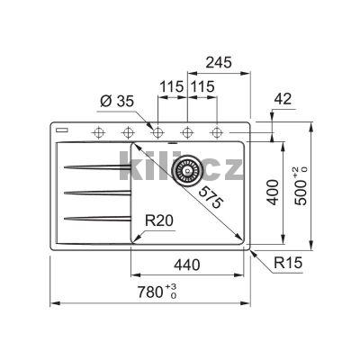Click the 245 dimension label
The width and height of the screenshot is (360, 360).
tap(219, 62)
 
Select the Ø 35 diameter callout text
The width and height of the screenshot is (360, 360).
tap(117, 102)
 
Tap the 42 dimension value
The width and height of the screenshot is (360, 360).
tap(283, 99)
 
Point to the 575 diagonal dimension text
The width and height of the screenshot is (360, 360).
tap(211, 197)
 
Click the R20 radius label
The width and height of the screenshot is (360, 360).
tap(159, 220)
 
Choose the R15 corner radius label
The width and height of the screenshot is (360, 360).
tap(288, 263)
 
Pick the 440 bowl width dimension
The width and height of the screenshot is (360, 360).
tap(186, 265)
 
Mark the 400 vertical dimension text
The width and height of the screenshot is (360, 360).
tap(273, 192)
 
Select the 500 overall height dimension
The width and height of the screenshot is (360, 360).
tap(301, 185)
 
